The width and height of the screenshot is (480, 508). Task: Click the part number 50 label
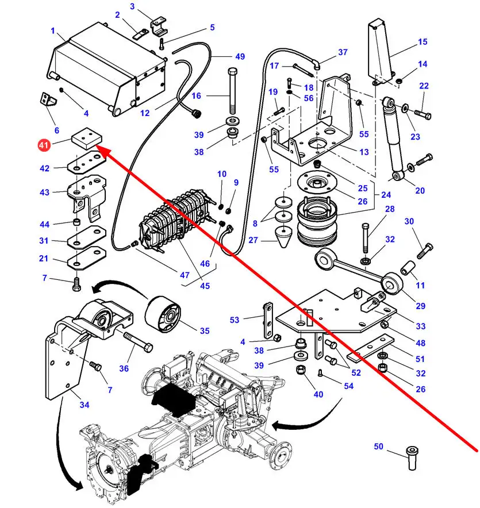(x=378, y=447)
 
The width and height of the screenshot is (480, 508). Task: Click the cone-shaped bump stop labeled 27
(x=285, y=236)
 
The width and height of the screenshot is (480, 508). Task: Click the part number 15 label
(x=423, y=42)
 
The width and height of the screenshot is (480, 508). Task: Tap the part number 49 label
(x=240, y=56)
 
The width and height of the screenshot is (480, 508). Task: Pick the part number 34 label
(x=85, y=405)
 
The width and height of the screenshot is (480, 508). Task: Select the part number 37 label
(x=343, y=52)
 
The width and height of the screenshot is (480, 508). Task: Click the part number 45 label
(x=205, y=286)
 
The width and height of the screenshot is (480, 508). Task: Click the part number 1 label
(x=52, y=31)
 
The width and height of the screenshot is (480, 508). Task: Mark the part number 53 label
(x=250, y=320)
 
